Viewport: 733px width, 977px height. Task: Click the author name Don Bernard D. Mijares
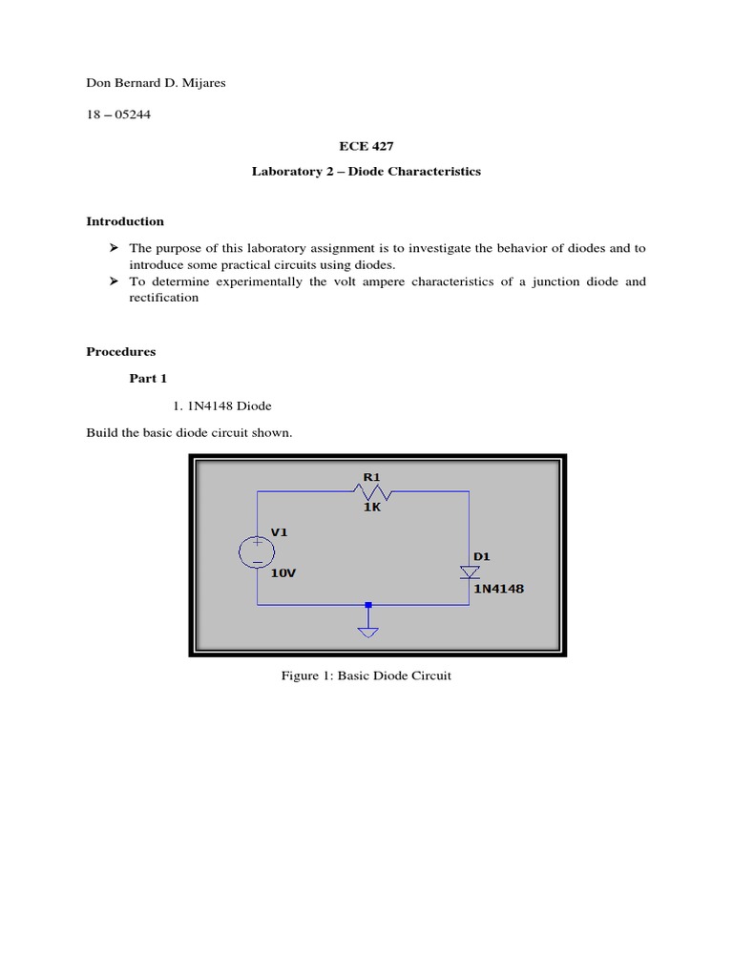(x=156, y=83)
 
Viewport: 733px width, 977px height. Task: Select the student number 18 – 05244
(x=117, y=114)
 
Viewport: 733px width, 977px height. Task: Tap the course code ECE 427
(x=366, y=146)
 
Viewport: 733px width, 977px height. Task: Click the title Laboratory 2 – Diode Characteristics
(x=366, y=172)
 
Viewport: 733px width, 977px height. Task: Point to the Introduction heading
(x=125, y=221)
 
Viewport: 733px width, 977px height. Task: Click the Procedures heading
(x=121, y=351)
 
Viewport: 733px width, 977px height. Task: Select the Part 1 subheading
(x=148, y=379)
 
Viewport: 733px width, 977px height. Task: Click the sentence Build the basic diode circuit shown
(x=189, y=433)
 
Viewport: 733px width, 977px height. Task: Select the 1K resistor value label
(x=371, y=508)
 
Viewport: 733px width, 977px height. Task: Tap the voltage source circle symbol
(x=258, y=551)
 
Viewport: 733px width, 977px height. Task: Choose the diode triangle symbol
(x=469, y=572)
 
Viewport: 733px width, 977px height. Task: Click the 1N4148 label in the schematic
(x=498, y=589)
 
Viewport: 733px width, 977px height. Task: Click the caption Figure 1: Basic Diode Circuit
(x=366, y=676)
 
